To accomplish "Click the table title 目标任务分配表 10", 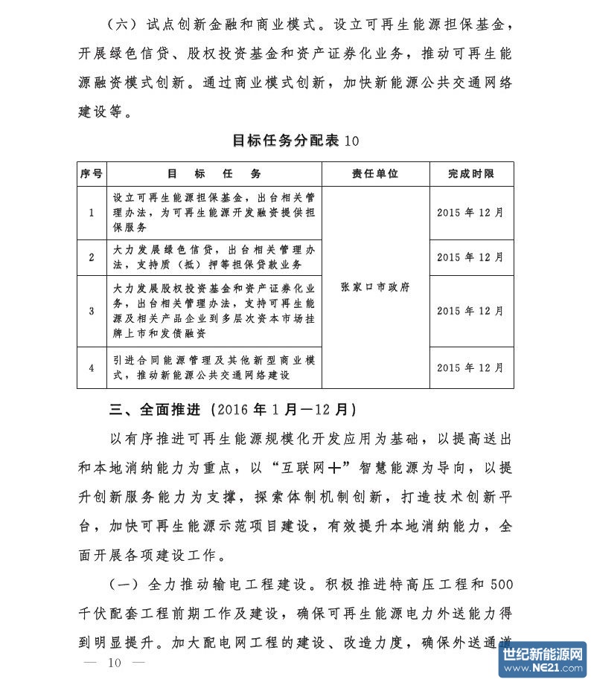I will [x=295, y=141].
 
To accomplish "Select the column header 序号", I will [x=91, y=173].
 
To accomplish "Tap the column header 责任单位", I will [x=375, y=173].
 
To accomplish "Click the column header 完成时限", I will [x=470, y=173].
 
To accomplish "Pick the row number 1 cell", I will [x=91, y=213].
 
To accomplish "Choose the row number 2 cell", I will [x=91, y=257].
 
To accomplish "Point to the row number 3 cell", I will [x=91, y=311].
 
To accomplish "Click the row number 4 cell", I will [x=91, y=367].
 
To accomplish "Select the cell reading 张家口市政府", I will [x=375, y=286].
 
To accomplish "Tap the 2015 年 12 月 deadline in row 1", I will [x=470, y=213].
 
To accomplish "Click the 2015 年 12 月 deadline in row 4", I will [x=470, y=367].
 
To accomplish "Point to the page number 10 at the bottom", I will [x=114, y=663].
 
